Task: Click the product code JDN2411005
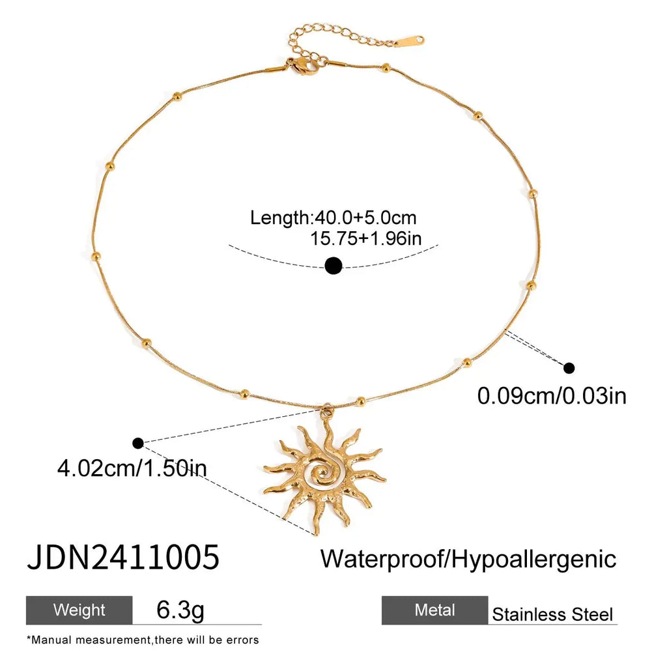(122, 558)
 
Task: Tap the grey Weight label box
(79, 610)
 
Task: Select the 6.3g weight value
(180, 610)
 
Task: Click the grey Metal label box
(434, 610)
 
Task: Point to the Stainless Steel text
(552, 614)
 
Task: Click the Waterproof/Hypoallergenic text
(468, 559)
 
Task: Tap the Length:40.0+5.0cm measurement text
(333, 218)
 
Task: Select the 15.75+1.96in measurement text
(365, 238)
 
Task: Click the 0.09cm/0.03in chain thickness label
(552, 395)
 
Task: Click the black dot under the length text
(333, 265)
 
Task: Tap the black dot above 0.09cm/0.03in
(569, 368)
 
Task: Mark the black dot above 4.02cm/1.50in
(137, 444)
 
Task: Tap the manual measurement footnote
(143, 640)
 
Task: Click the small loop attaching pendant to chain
(326, 411)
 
